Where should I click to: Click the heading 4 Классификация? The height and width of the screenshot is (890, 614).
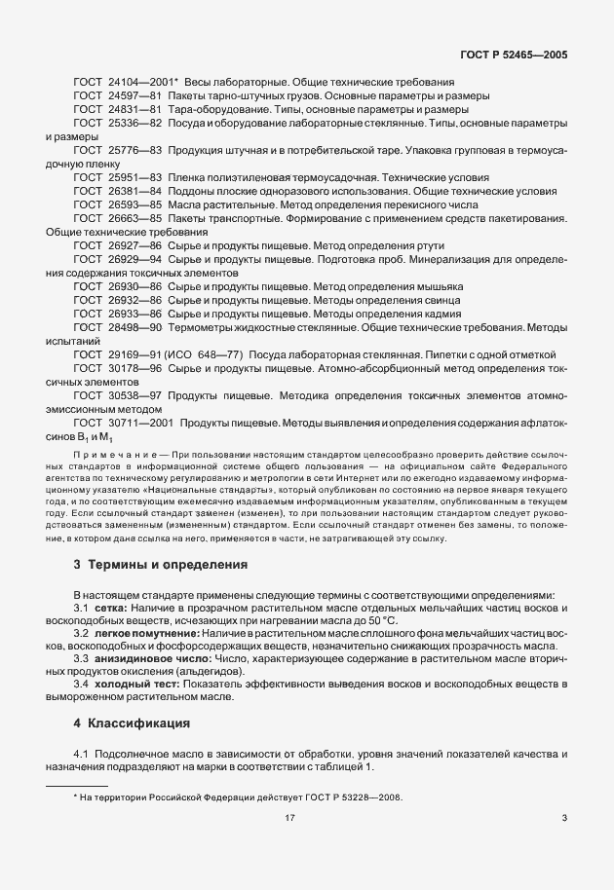[x=133, y=724]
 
